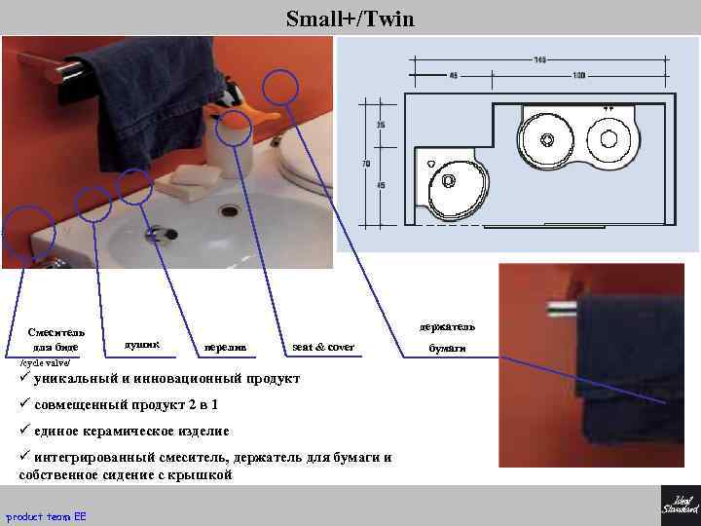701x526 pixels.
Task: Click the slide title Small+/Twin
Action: click(x=350, y=18)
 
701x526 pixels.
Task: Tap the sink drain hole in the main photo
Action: click(x=231, y=209)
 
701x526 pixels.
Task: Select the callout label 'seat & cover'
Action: click(x=323, y=347)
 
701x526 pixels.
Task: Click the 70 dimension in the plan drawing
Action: click(x=366, y=164)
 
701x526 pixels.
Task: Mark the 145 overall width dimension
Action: click(x=539, y=59)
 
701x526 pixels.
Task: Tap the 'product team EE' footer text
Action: click(x=46, y=515)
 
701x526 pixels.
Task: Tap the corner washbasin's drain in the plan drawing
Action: click(x=449, y=181)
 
